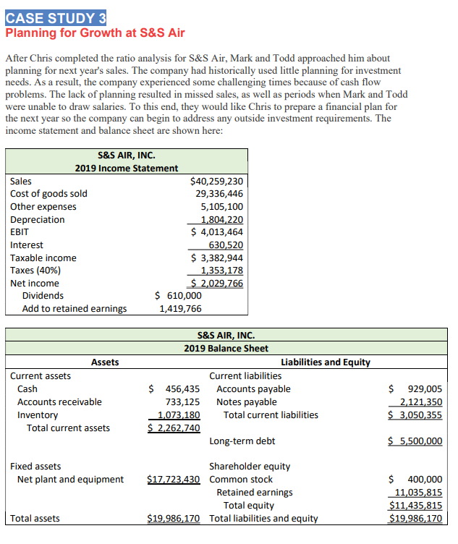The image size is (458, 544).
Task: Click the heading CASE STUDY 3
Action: tap(56, 17)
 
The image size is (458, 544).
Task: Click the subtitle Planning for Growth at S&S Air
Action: tap(95, 33)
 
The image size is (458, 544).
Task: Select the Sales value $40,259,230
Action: tap(216, 181)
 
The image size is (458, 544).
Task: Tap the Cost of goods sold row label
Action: tap(48, 193)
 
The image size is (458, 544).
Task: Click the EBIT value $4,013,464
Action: tap(216, 232)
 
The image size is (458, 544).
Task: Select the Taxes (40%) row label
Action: tap(35, 271)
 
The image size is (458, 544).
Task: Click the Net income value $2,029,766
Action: tap(216, 284)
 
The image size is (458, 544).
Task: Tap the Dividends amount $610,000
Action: tap(179, 296)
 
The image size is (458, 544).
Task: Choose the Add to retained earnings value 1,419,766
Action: tap(180, 309)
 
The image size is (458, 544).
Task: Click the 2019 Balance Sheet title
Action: tap(226, 349)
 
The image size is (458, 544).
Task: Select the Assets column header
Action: tap(105, 362)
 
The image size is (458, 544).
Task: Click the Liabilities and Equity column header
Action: tap(325, 362)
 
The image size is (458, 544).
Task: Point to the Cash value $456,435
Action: tap(174, 388)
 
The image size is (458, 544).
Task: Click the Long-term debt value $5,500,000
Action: tap(415, 441)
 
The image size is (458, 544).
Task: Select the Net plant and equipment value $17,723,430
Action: tap(173, 480)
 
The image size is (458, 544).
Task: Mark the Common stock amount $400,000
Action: tap(415, 480)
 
